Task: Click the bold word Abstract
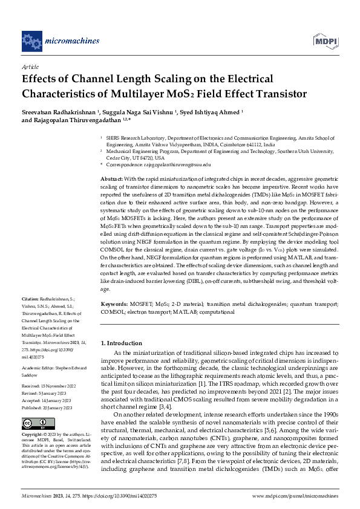point(111,180)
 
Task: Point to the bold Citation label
point(30,299)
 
